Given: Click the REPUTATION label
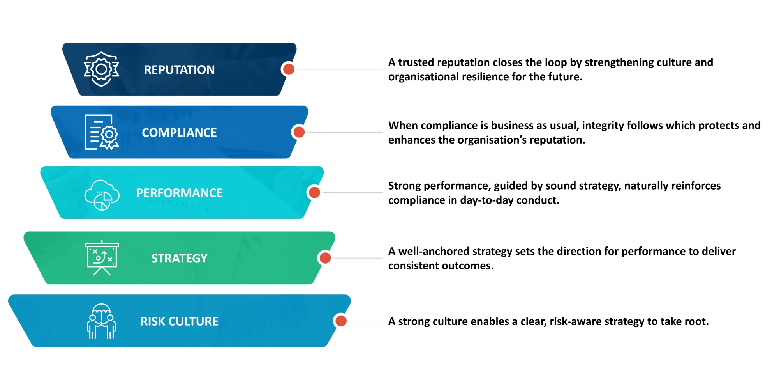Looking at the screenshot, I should tap(179, 69).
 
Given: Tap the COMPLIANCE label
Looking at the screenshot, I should tap(179, 133).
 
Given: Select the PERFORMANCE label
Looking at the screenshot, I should tap(179, 193).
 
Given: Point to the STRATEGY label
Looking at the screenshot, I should tap(179, 258).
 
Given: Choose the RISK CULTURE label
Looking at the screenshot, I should tap(179, 321).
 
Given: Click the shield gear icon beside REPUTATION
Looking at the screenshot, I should tap(101, 69).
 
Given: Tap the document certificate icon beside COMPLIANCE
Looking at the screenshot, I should tap(101, 132).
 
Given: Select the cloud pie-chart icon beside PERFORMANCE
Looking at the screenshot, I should tap(102, 195).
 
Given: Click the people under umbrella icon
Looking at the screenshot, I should tap(101, 321).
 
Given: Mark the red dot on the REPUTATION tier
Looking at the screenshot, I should tap(289, 69).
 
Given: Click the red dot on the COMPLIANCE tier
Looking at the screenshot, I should tap(299, 132).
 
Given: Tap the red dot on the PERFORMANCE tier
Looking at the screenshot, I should tap(314, 192).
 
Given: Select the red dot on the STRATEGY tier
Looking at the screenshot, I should tap(325, 258).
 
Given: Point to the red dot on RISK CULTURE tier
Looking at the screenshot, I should tap(341, 321).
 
